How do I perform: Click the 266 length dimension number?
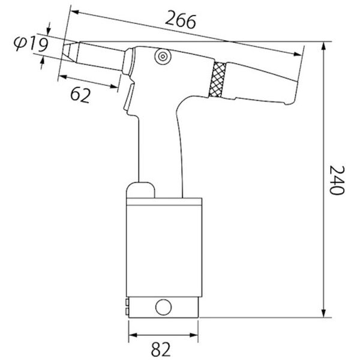tap(181, 20)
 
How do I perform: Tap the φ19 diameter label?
tap(31, 44)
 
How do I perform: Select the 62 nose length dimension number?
tap(80, 95)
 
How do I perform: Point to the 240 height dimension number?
tap(337, 180)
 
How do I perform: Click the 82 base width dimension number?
tap(161, 349)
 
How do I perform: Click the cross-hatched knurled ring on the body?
tap(217, 79)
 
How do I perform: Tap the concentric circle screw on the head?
tap(163, 56)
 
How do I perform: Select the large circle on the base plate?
tap(163, 307)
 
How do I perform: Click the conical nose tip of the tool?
tap(70, 52)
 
